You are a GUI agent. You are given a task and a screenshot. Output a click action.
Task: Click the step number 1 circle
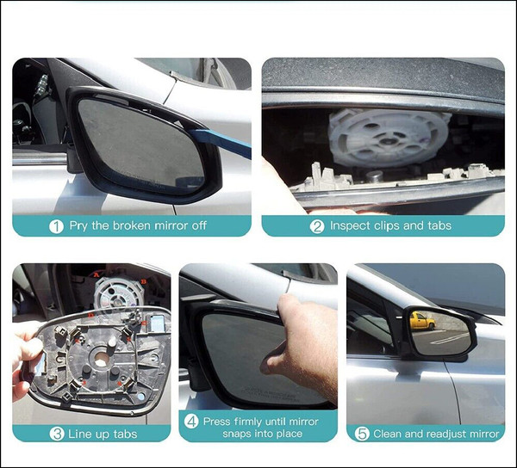point(56,226)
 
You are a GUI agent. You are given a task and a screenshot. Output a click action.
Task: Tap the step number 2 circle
point(317,226)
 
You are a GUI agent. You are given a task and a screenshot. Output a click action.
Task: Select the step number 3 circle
point(57,434)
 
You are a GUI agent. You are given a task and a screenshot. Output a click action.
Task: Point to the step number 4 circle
point(191,422)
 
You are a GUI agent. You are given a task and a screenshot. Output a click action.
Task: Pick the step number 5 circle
point(362,434)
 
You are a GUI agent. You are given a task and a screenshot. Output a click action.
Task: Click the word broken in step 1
point(132,225)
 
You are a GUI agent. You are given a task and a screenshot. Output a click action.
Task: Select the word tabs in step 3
point(123,434)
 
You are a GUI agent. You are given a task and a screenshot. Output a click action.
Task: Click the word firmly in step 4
point(247,422)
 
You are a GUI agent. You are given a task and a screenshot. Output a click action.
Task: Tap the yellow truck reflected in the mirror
point(421,321)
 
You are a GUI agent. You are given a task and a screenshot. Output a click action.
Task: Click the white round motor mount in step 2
point(389,138)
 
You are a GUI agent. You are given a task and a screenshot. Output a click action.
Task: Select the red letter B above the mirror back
point(143,281)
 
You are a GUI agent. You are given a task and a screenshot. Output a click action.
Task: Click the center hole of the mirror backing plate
point(101,360)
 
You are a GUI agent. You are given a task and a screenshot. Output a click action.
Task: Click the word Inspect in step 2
point(350,226)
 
